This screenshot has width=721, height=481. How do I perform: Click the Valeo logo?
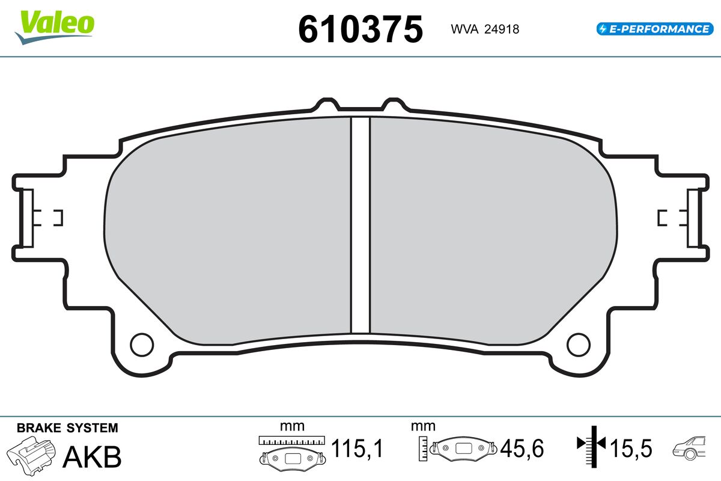[x=55, y=28]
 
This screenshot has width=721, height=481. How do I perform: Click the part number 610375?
[x=360, y=29]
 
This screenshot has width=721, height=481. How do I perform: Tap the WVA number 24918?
[x=502, y=29]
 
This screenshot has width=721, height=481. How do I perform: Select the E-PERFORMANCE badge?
[x=655, y=29]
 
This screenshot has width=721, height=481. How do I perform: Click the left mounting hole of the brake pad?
[x=142, y=345]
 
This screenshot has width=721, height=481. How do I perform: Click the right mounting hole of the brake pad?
[x=579, y=345]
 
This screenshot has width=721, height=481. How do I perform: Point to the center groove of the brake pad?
[x=360, y=225]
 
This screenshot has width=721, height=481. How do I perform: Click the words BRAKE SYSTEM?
[x=67, y=428]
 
